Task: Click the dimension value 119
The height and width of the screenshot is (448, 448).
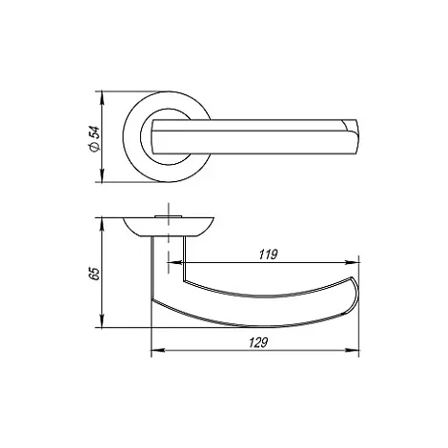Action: (269, 255)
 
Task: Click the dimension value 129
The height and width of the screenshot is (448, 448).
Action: (258, 342)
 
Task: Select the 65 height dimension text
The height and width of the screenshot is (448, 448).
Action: (94, 274)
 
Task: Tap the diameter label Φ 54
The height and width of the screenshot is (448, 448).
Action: (94, 138)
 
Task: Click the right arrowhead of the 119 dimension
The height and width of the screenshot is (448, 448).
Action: (353, 262)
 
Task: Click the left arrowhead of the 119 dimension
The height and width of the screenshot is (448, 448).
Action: (173, 262)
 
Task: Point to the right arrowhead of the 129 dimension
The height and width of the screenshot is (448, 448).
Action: (353, 350)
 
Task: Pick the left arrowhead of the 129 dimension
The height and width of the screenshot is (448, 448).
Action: (158, 350)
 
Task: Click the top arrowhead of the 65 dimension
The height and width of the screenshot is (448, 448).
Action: (102, 224)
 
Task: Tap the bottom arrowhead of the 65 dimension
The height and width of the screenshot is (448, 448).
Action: (102, 321)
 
